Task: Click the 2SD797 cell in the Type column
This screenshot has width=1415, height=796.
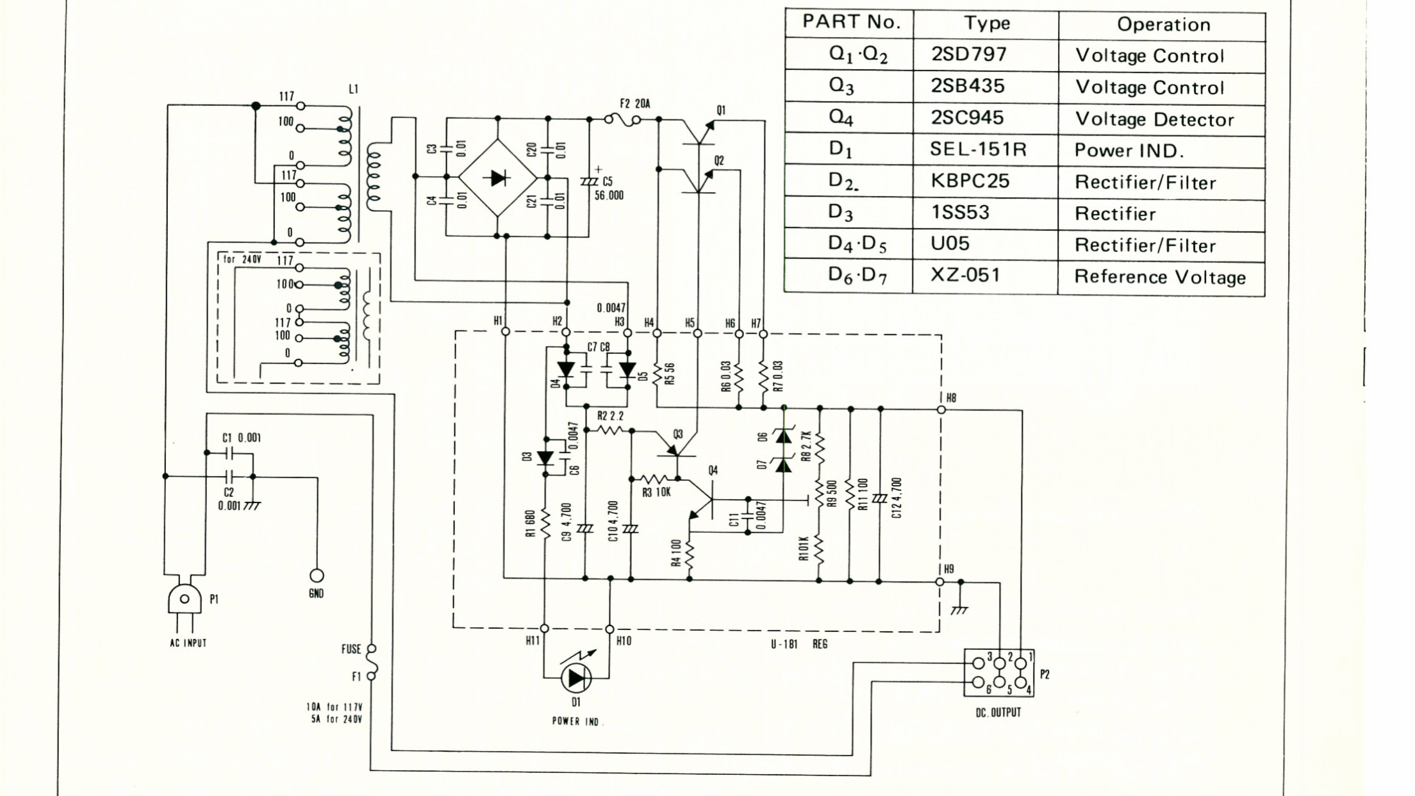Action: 969,54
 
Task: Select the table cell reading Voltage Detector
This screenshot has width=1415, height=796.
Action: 1154,119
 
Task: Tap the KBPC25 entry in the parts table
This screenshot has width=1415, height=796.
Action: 970,181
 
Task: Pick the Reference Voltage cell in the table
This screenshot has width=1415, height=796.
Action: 1160,277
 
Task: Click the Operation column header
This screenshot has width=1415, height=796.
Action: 1163,25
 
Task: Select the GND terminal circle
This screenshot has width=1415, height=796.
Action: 317,576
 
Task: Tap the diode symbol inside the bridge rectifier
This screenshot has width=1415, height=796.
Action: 499,178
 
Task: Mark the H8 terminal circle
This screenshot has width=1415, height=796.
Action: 941,410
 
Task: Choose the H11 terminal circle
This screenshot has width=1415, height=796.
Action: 544,629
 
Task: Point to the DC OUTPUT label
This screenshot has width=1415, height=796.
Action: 998,713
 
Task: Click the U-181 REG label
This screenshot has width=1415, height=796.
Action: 799,644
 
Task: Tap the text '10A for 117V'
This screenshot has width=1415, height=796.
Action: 334,707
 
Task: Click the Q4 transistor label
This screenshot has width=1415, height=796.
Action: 713,470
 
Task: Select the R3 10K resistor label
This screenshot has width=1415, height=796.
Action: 656,492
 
